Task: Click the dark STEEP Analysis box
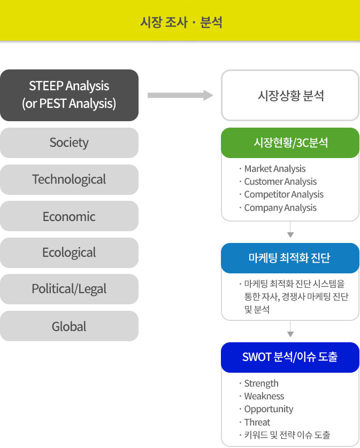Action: point(69,95)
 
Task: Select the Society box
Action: point(69,143)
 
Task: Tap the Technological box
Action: point(69,179)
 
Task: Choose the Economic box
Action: point(69,216)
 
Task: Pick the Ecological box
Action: point(69,253)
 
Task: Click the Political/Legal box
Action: point(69,289)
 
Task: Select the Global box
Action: point(69,326)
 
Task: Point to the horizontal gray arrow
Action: point(180,95)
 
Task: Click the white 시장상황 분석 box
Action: point(290,95)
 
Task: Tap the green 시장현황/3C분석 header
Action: point(290,143)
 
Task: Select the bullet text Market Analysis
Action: point(275,169)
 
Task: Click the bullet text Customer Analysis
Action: point(280,182)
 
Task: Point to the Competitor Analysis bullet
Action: point(284,194)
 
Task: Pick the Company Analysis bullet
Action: point(280,207)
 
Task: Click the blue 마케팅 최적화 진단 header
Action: point(290,258)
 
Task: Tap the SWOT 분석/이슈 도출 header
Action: point(290,357)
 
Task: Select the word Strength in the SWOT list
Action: point(261,383)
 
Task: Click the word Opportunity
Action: point(269,409)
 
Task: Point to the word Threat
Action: point(257,422)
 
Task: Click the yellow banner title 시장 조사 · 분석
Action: point(181,22)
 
